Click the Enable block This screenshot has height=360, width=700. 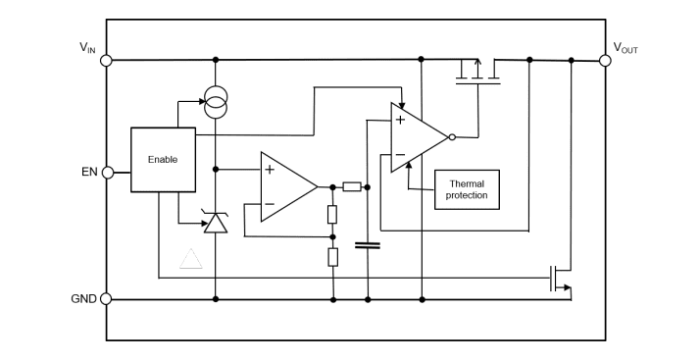[162, 160]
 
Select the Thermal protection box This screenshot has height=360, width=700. [467, 189]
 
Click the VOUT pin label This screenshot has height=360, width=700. [625, 47]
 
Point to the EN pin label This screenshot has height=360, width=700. [88, 173]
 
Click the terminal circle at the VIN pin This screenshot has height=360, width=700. [106, 60]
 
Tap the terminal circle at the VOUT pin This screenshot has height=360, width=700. [605, 60]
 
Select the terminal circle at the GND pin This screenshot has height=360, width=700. [106, 299]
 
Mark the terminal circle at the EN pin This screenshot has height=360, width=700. [106, 173]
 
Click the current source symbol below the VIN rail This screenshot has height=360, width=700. [215, 98]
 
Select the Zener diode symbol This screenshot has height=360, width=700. [215, 223]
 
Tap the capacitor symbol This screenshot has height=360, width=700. [368, 245]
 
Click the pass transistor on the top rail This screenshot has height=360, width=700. [478, 71]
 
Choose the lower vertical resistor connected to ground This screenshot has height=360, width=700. [332, 258]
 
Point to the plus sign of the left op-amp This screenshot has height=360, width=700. [269, 169]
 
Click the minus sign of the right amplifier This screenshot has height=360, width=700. [400, 154]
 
